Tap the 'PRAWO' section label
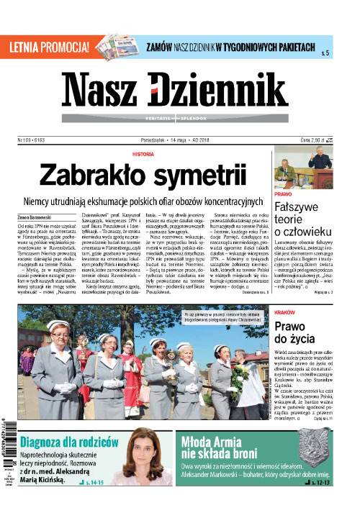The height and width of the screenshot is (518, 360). coord(283,194)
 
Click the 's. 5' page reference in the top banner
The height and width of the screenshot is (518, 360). coord(325,53)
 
